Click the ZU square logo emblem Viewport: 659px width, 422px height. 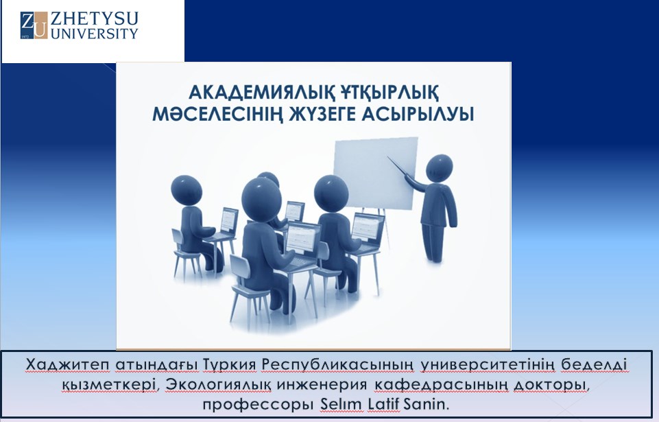coord(34,25)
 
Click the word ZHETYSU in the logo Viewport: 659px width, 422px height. coord(94,19)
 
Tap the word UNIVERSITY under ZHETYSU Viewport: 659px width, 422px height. coord(94,34)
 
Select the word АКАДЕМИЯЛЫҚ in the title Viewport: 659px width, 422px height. coord(260,92)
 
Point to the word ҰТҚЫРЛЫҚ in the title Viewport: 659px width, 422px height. coord(389,92)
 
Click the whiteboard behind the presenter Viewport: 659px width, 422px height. coord(375,173)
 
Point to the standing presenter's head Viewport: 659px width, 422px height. coord(439,168)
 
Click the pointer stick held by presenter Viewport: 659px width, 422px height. coord(400,167)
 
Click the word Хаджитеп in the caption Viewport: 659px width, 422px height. coord(68,365)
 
